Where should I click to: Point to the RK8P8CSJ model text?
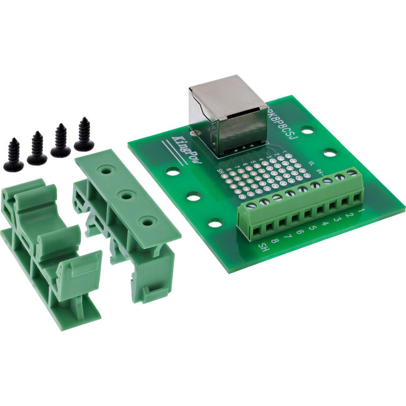[279, 125]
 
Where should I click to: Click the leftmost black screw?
[13, 156]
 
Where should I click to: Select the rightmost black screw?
[84, 136]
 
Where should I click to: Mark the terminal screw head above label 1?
[354, 176]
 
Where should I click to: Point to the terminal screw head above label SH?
[252, 204]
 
